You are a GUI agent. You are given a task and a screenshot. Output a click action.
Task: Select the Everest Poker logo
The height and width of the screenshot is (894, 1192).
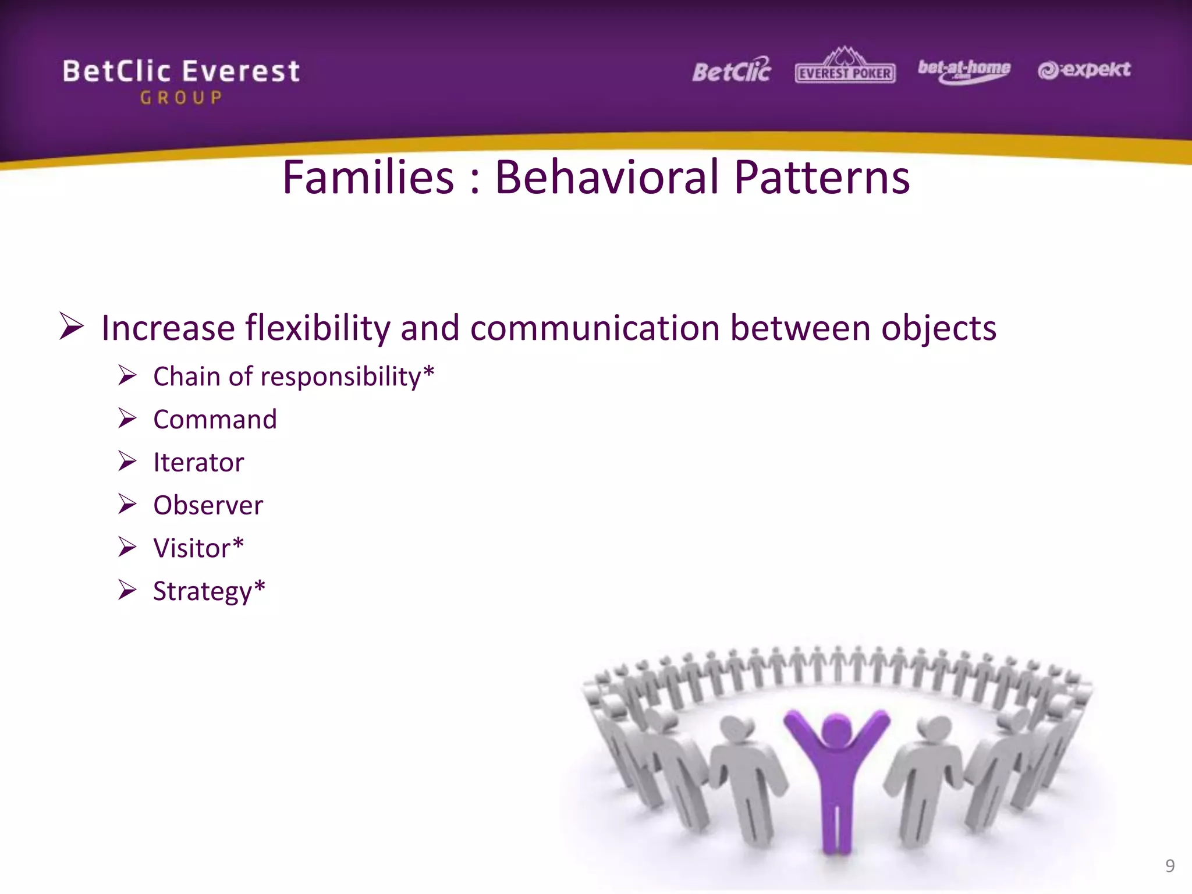[845, 67]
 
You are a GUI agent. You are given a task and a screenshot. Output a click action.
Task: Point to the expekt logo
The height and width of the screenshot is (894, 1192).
[1084, 70]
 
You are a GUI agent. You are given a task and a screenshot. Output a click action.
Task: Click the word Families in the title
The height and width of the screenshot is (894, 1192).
[368, 178]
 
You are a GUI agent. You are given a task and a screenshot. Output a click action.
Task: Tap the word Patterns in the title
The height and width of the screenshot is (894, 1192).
[821, 178]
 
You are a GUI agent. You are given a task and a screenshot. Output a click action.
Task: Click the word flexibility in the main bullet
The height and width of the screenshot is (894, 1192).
[317, 328]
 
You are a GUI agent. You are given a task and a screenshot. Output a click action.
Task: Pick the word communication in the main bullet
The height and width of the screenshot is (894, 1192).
[595, 328]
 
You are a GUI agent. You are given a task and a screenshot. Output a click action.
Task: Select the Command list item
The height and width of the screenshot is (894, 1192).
[215, 420]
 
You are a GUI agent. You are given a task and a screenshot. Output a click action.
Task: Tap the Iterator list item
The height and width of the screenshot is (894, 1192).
[198, 463]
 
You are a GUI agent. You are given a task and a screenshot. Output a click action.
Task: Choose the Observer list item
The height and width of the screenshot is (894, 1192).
[208, 505]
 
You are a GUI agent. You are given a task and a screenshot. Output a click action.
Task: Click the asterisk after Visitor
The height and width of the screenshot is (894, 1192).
[237, 545]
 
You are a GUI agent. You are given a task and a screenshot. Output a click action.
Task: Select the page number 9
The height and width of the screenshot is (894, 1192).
[1170, 866]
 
